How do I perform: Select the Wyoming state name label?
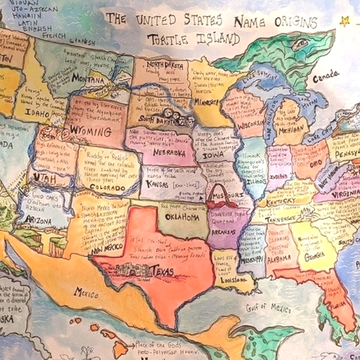pos(86,131)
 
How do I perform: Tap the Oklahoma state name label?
pos(182,218)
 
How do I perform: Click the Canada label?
pos(325,79)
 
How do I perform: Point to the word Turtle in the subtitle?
pos(166,40)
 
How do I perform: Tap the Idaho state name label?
pos(37,114)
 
